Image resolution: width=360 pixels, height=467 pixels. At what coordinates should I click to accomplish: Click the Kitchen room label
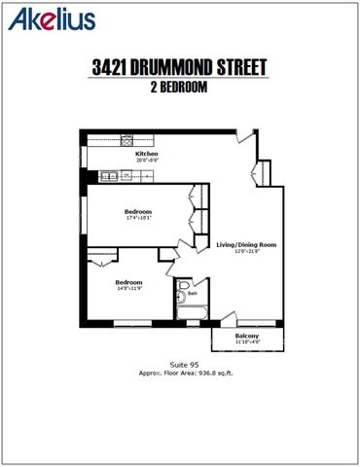click(147, 153)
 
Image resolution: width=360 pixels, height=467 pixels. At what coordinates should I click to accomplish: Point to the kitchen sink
click(109, 176)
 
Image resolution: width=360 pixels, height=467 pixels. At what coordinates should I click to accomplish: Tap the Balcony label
click(247, 336)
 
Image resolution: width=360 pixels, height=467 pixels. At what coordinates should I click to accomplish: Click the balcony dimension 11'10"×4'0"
click(247, 342)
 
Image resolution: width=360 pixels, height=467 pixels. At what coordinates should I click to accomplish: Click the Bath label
click(193, 293)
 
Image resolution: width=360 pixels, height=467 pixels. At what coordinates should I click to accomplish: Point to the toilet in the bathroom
click(182, 295)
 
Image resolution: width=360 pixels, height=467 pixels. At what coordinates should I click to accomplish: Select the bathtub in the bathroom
click(192, 313)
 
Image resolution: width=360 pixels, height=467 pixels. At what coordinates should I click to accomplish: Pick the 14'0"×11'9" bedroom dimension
click(129, 288)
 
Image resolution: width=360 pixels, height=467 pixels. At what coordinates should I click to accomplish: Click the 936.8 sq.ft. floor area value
click(212, 372)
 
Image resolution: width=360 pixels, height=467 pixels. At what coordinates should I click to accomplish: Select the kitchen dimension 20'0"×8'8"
click(147, 160)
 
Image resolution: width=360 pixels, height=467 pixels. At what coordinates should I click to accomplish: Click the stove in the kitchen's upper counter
click(127, 138)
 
